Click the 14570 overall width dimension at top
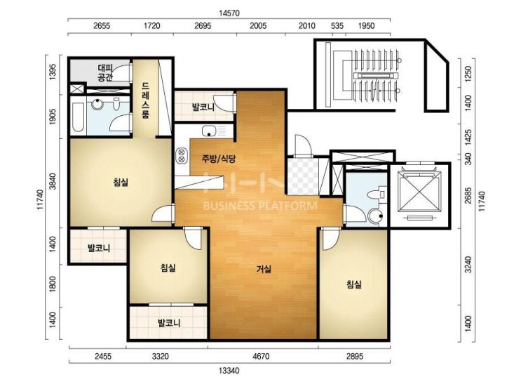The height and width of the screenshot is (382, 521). click(229, 13)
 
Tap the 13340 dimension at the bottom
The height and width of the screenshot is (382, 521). click(229, 370)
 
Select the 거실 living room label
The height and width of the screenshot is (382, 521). click(264, 269)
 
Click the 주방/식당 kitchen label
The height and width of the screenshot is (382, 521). click(219, 159)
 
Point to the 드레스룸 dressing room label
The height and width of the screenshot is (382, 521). click(146, 100)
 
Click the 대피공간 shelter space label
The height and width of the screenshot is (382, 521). click(105, 72)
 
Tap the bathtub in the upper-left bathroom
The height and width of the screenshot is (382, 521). click(78, 117)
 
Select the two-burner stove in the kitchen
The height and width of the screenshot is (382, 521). click(182, 156)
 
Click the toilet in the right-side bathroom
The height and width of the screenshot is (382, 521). click(377, 194)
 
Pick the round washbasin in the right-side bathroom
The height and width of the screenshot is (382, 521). click(376, 216)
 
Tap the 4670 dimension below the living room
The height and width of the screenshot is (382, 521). click(261, 357)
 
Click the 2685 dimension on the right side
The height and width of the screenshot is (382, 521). click(468, 196)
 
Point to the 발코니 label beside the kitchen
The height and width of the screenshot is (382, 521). click(203, 107)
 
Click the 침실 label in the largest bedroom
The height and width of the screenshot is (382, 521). click(121, 183)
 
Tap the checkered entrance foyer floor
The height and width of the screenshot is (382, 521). click(303, 176)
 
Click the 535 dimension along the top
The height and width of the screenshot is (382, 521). click(337, 25)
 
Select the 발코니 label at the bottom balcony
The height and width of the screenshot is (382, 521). click(169, 322)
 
